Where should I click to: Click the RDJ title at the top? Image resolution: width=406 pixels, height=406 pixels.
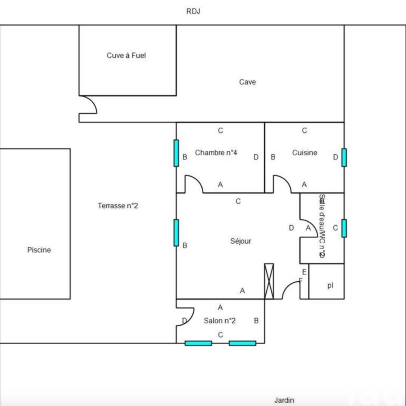193,11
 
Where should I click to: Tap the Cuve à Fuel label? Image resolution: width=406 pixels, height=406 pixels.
126,56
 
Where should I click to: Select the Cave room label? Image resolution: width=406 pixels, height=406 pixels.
247,82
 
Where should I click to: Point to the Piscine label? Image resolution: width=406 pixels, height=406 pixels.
39,250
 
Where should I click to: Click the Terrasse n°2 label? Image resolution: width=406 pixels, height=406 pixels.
118,206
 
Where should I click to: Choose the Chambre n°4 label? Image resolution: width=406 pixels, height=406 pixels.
216,153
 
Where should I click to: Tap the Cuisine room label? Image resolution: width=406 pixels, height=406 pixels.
304,153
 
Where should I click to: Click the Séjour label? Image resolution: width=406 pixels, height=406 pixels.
241,241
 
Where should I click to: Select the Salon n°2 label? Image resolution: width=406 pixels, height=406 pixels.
220,321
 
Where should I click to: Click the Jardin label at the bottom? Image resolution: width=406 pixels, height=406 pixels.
284,400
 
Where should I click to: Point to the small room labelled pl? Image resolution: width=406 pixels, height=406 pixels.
330,285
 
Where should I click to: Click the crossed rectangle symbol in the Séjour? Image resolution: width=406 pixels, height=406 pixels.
269,281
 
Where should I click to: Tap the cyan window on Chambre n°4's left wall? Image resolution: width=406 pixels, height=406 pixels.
176,153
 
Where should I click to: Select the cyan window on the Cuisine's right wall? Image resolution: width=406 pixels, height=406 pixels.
344,158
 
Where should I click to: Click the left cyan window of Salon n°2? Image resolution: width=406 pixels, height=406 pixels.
198,343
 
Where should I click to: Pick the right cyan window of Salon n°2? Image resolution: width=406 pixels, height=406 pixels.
242,343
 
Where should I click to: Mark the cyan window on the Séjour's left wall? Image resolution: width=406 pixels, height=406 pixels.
176,233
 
